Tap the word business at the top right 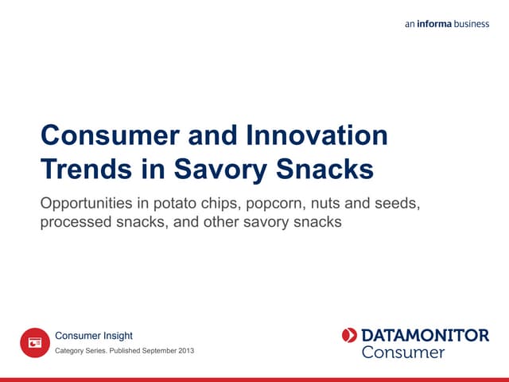[472, 24]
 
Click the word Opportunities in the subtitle [89, 204]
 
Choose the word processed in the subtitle [75, 222]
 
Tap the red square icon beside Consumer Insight [34, 342]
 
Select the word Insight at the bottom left [116, 336]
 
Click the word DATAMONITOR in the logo [425, 335]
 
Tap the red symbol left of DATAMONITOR [349, 335]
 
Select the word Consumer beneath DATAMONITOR [402, 352]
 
